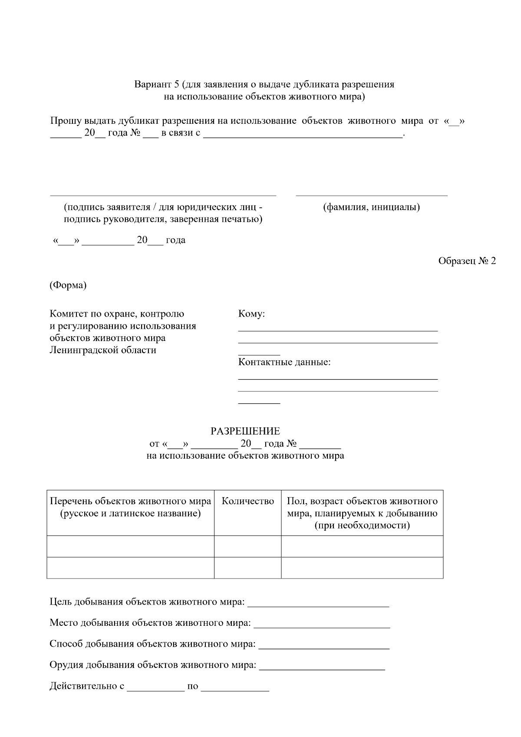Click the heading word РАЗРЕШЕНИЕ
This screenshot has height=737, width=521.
tap(245, 431)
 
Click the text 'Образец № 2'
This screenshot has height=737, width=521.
tap(467, 261)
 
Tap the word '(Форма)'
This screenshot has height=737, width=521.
tap(68, 285)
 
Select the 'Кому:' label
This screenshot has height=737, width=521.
tap(251, 314)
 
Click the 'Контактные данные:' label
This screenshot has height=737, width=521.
tap(284, 362)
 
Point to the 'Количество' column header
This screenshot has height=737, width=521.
tap(248, 501)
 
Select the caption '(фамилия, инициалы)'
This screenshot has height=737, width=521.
tap(371, 207)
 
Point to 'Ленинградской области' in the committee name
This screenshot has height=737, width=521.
tap(103, 350)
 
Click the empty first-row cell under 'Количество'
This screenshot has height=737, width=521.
tap(247, 546)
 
